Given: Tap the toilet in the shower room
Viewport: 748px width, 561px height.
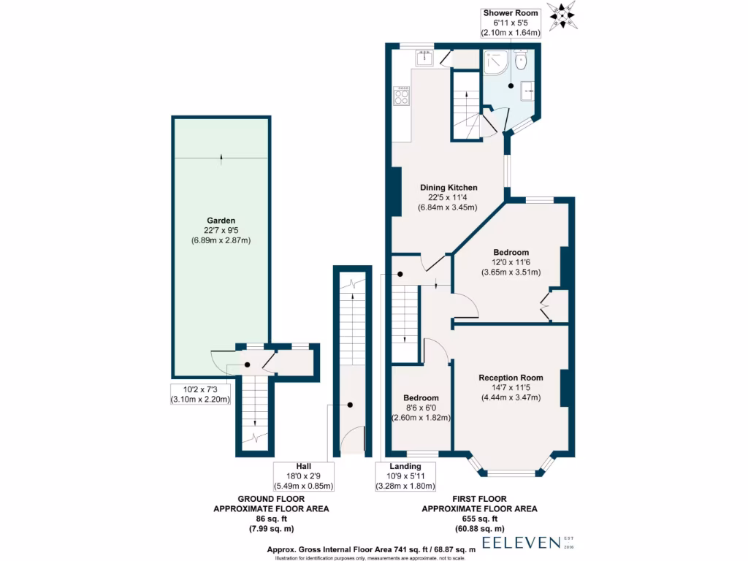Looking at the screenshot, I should pyautogui.click(x=520, y=63).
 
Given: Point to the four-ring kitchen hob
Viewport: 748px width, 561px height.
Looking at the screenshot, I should pyautogui.click(x=402, y=96).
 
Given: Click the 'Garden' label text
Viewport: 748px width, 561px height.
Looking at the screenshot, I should pyautogui.click(x=221, y=221).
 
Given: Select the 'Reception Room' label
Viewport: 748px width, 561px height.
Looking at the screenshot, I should pyautogui.click(x=511, y=378).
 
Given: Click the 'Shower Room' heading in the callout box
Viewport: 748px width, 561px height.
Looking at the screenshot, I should pyautogui.click(x=510, y=13).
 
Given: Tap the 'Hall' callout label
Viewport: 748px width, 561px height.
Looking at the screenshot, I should pyautogui.click(x=303, y=466).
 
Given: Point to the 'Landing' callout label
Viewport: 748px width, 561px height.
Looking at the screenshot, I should pyautogui.click(x=405, y=466).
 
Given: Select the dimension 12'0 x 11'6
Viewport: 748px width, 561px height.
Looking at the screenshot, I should pyautogui.click(x=511, y=263).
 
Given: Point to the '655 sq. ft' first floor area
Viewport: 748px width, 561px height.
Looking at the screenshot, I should pyautogui.click(x=480, y=519).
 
